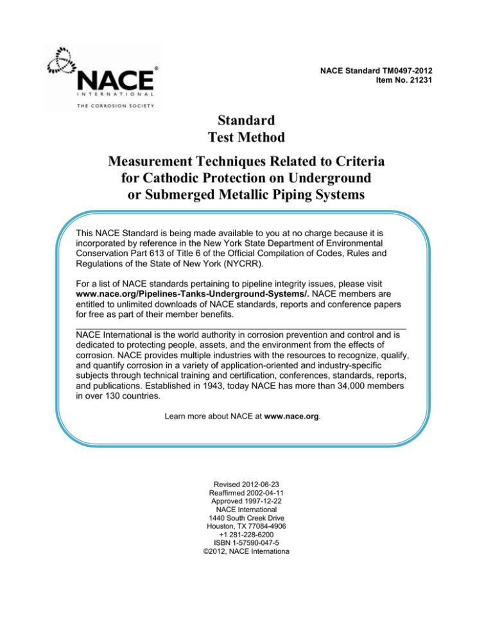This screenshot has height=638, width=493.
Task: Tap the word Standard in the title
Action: coord(246,119)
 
